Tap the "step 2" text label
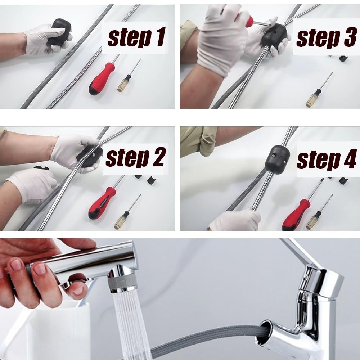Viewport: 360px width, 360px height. pos(135,158)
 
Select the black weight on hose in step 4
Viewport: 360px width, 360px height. pos(277,159)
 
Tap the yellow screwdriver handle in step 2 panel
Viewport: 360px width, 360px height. pos(122,220)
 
